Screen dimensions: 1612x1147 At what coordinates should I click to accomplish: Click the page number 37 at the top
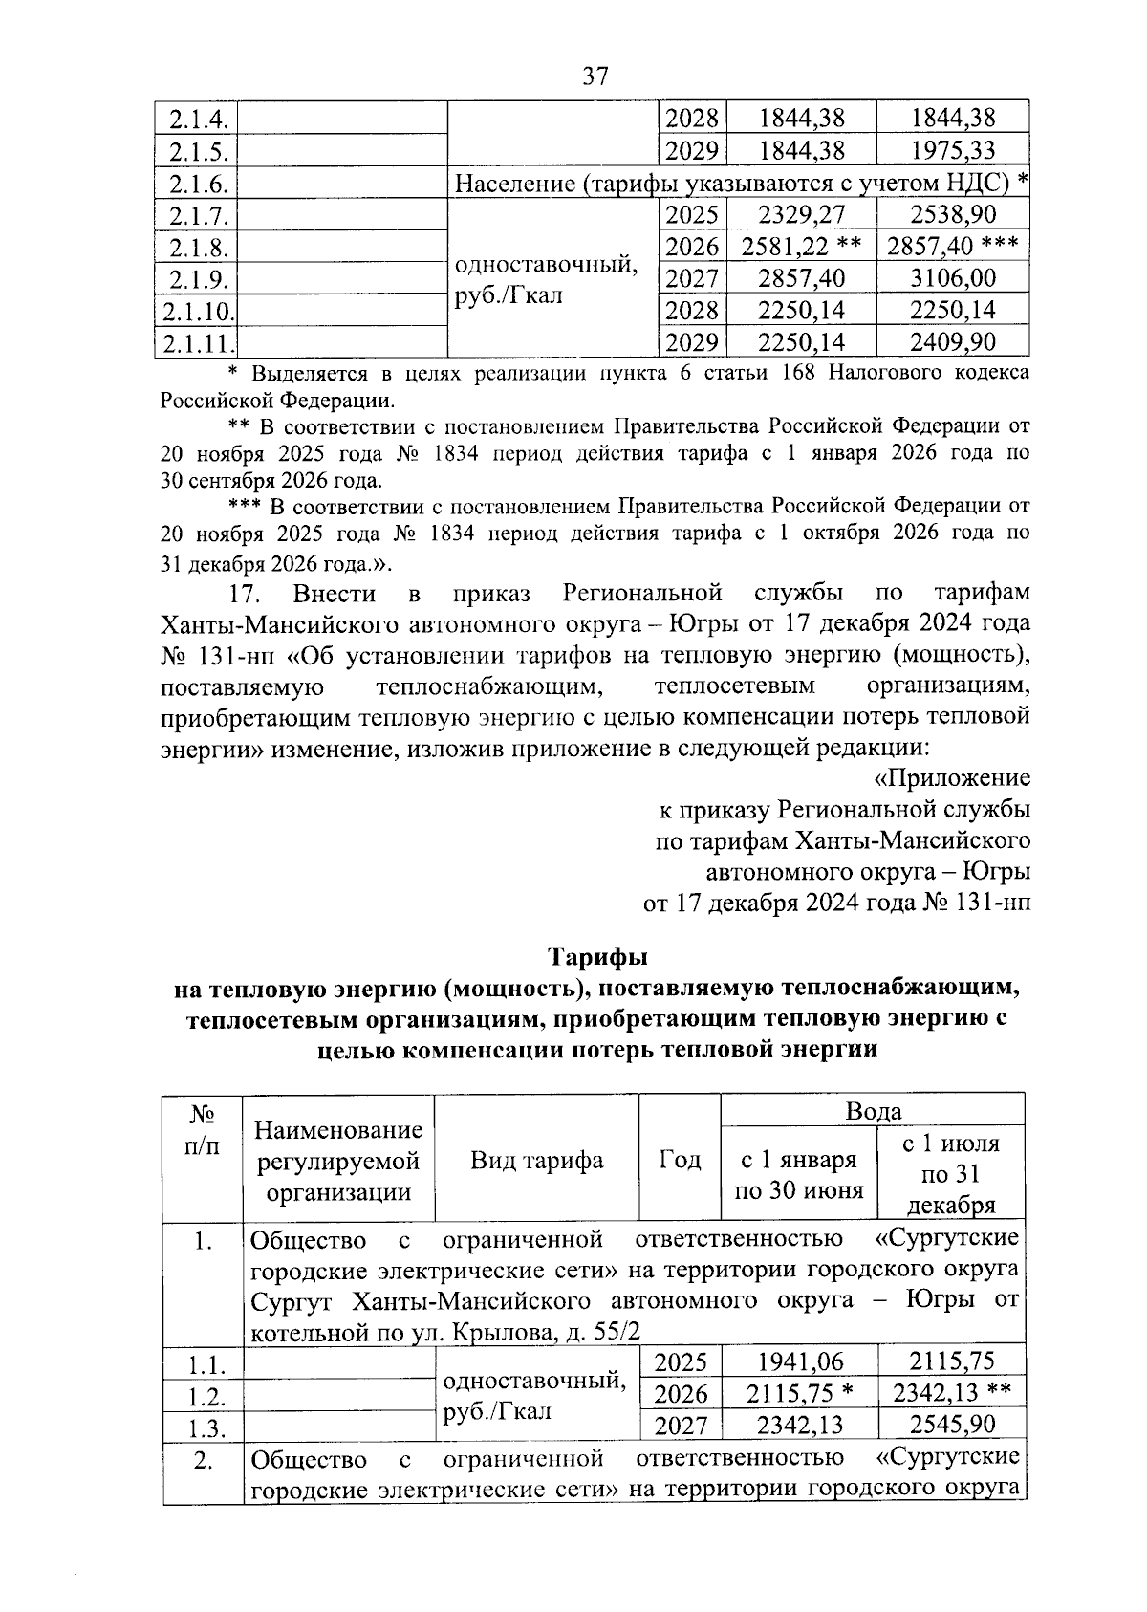[595, 76]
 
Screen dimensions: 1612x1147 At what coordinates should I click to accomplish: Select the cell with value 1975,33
[952, 150]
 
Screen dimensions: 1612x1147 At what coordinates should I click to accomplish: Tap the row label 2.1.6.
[198, 183]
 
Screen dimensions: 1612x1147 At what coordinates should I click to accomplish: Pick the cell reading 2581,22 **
[801, 247]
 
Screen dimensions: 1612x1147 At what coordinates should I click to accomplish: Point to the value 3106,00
[952, 278]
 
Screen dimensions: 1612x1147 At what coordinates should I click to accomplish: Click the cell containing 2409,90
[952, 341]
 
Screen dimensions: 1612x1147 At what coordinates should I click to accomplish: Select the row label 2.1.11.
[198, 342]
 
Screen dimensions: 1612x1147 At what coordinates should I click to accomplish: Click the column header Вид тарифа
[536, 1161]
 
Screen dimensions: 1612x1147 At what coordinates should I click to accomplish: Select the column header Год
[680, 1161]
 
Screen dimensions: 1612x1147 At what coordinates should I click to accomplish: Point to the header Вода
[873, 1111]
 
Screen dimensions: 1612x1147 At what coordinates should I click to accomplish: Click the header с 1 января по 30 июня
[798, 1175]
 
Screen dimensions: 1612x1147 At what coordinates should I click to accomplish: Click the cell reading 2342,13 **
[952, 1393]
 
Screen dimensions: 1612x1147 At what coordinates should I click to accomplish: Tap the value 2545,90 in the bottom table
[952, 1425]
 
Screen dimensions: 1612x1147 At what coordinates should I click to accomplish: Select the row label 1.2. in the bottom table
[203, 1397]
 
